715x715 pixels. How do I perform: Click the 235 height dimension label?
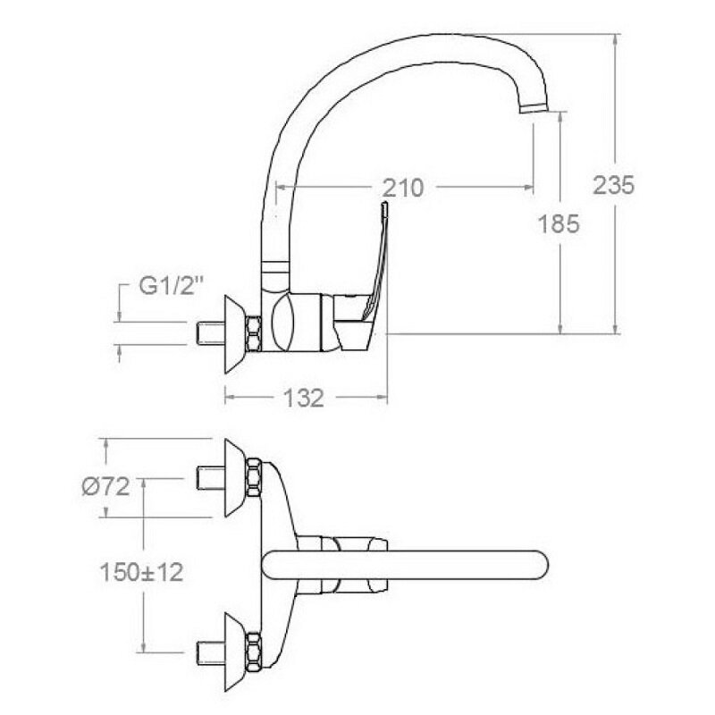(x=613, y=185)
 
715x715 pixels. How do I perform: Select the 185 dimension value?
(x=559, y=224)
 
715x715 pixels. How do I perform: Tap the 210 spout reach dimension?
(x=403, y=188)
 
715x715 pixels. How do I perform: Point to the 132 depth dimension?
(x=304, y=398)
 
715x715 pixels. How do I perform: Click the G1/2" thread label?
(x=171, y=286)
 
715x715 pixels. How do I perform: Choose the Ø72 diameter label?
(x=105, y=486)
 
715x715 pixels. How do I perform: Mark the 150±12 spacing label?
(x=141, y=572)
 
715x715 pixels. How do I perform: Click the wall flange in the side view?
(x=234, y=334)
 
